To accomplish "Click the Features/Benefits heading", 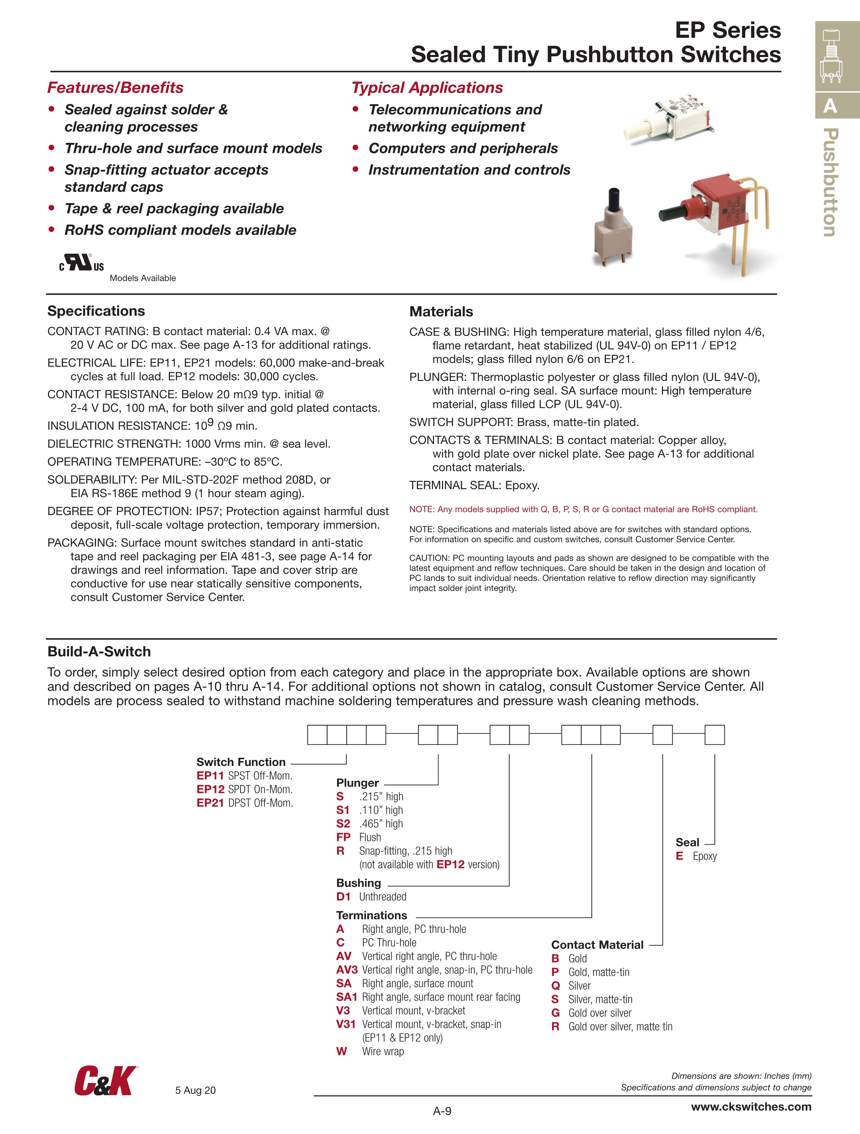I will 115,88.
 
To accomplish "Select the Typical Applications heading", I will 427,88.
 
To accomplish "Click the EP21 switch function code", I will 210,803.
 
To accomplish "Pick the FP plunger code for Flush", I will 343,837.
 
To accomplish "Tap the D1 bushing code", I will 343,897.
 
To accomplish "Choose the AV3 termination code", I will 347,970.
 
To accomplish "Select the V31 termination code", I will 346,1024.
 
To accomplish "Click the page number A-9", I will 442,1111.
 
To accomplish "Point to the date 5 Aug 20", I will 195,1091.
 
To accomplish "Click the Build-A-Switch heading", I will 99,651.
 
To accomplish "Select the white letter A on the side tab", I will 830,106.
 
